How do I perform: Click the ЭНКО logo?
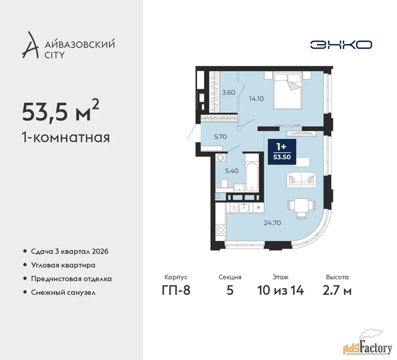click(x=341, y=45)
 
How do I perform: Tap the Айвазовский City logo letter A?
click(x=30, y=45)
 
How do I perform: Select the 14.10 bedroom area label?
click(x=256, y=98)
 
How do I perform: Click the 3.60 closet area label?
click(x=229, y=92)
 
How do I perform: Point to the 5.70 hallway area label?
click(x=220, y=137)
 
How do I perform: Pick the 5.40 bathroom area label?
click(x=231, y=171)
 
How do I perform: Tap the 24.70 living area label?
click(x=272, y=223)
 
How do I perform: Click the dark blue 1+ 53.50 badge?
click(x=282, y=152)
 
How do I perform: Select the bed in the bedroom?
click(x=287, y=90)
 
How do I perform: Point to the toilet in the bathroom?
click(x=224, y=184)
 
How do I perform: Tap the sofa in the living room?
click(x=301, y=180)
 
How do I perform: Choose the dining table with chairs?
click(x=301, y=208)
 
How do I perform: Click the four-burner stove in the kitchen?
click(x=221, y=230)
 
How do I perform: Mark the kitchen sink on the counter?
click(x=244, y=208)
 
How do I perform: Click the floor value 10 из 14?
click(x=281, y=290)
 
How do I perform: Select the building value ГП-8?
click(x=176, y=290)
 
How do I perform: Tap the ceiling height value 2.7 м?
click(x=337, y=290)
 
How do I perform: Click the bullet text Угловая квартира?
click(x=63, y=265)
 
